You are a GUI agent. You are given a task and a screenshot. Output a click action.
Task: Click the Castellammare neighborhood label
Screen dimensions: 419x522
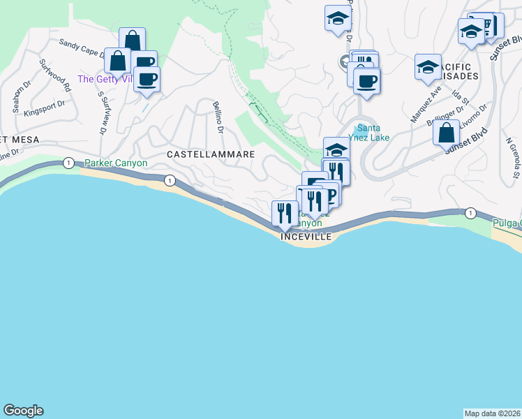(209, 153)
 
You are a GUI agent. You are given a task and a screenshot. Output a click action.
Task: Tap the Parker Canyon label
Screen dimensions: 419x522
(116, 163)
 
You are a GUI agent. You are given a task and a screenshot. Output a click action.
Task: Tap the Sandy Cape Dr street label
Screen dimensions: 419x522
(82, 46)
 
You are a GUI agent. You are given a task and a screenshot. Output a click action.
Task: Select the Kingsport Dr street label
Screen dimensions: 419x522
(43, 108)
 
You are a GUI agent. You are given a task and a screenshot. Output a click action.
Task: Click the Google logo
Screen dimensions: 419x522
(23, 411)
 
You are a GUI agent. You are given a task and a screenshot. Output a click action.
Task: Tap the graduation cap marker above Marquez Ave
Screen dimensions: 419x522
(428, 67)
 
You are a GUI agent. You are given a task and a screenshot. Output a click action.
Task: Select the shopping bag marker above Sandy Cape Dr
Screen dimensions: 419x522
(132, 41)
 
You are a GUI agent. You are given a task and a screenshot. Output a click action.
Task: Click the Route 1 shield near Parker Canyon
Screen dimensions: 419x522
(68, 163)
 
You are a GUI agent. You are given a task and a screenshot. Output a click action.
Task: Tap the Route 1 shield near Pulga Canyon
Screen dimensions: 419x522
(471, 212)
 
